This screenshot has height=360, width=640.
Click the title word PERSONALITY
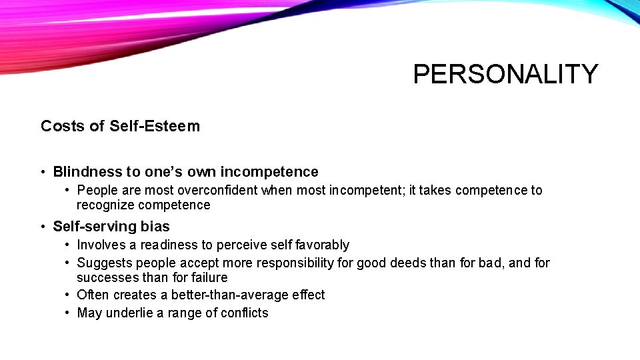click(505, 74)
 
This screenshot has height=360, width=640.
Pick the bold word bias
click(156, 227)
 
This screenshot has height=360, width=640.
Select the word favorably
click(323, 245)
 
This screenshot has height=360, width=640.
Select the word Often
click(93, 295)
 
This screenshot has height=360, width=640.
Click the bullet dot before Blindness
click(43, 173)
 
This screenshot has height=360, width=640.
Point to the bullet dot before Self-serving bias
click(43, 227)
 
